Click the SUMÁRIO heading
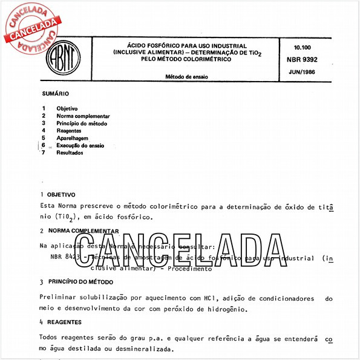coord(55,94)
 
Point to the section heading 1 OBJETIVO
coord(57,195)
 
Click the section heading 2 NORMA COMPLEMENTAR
coord(79,231)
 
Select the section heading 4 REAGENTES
coord(65,321)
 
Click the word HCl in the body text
coord(214,298)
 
